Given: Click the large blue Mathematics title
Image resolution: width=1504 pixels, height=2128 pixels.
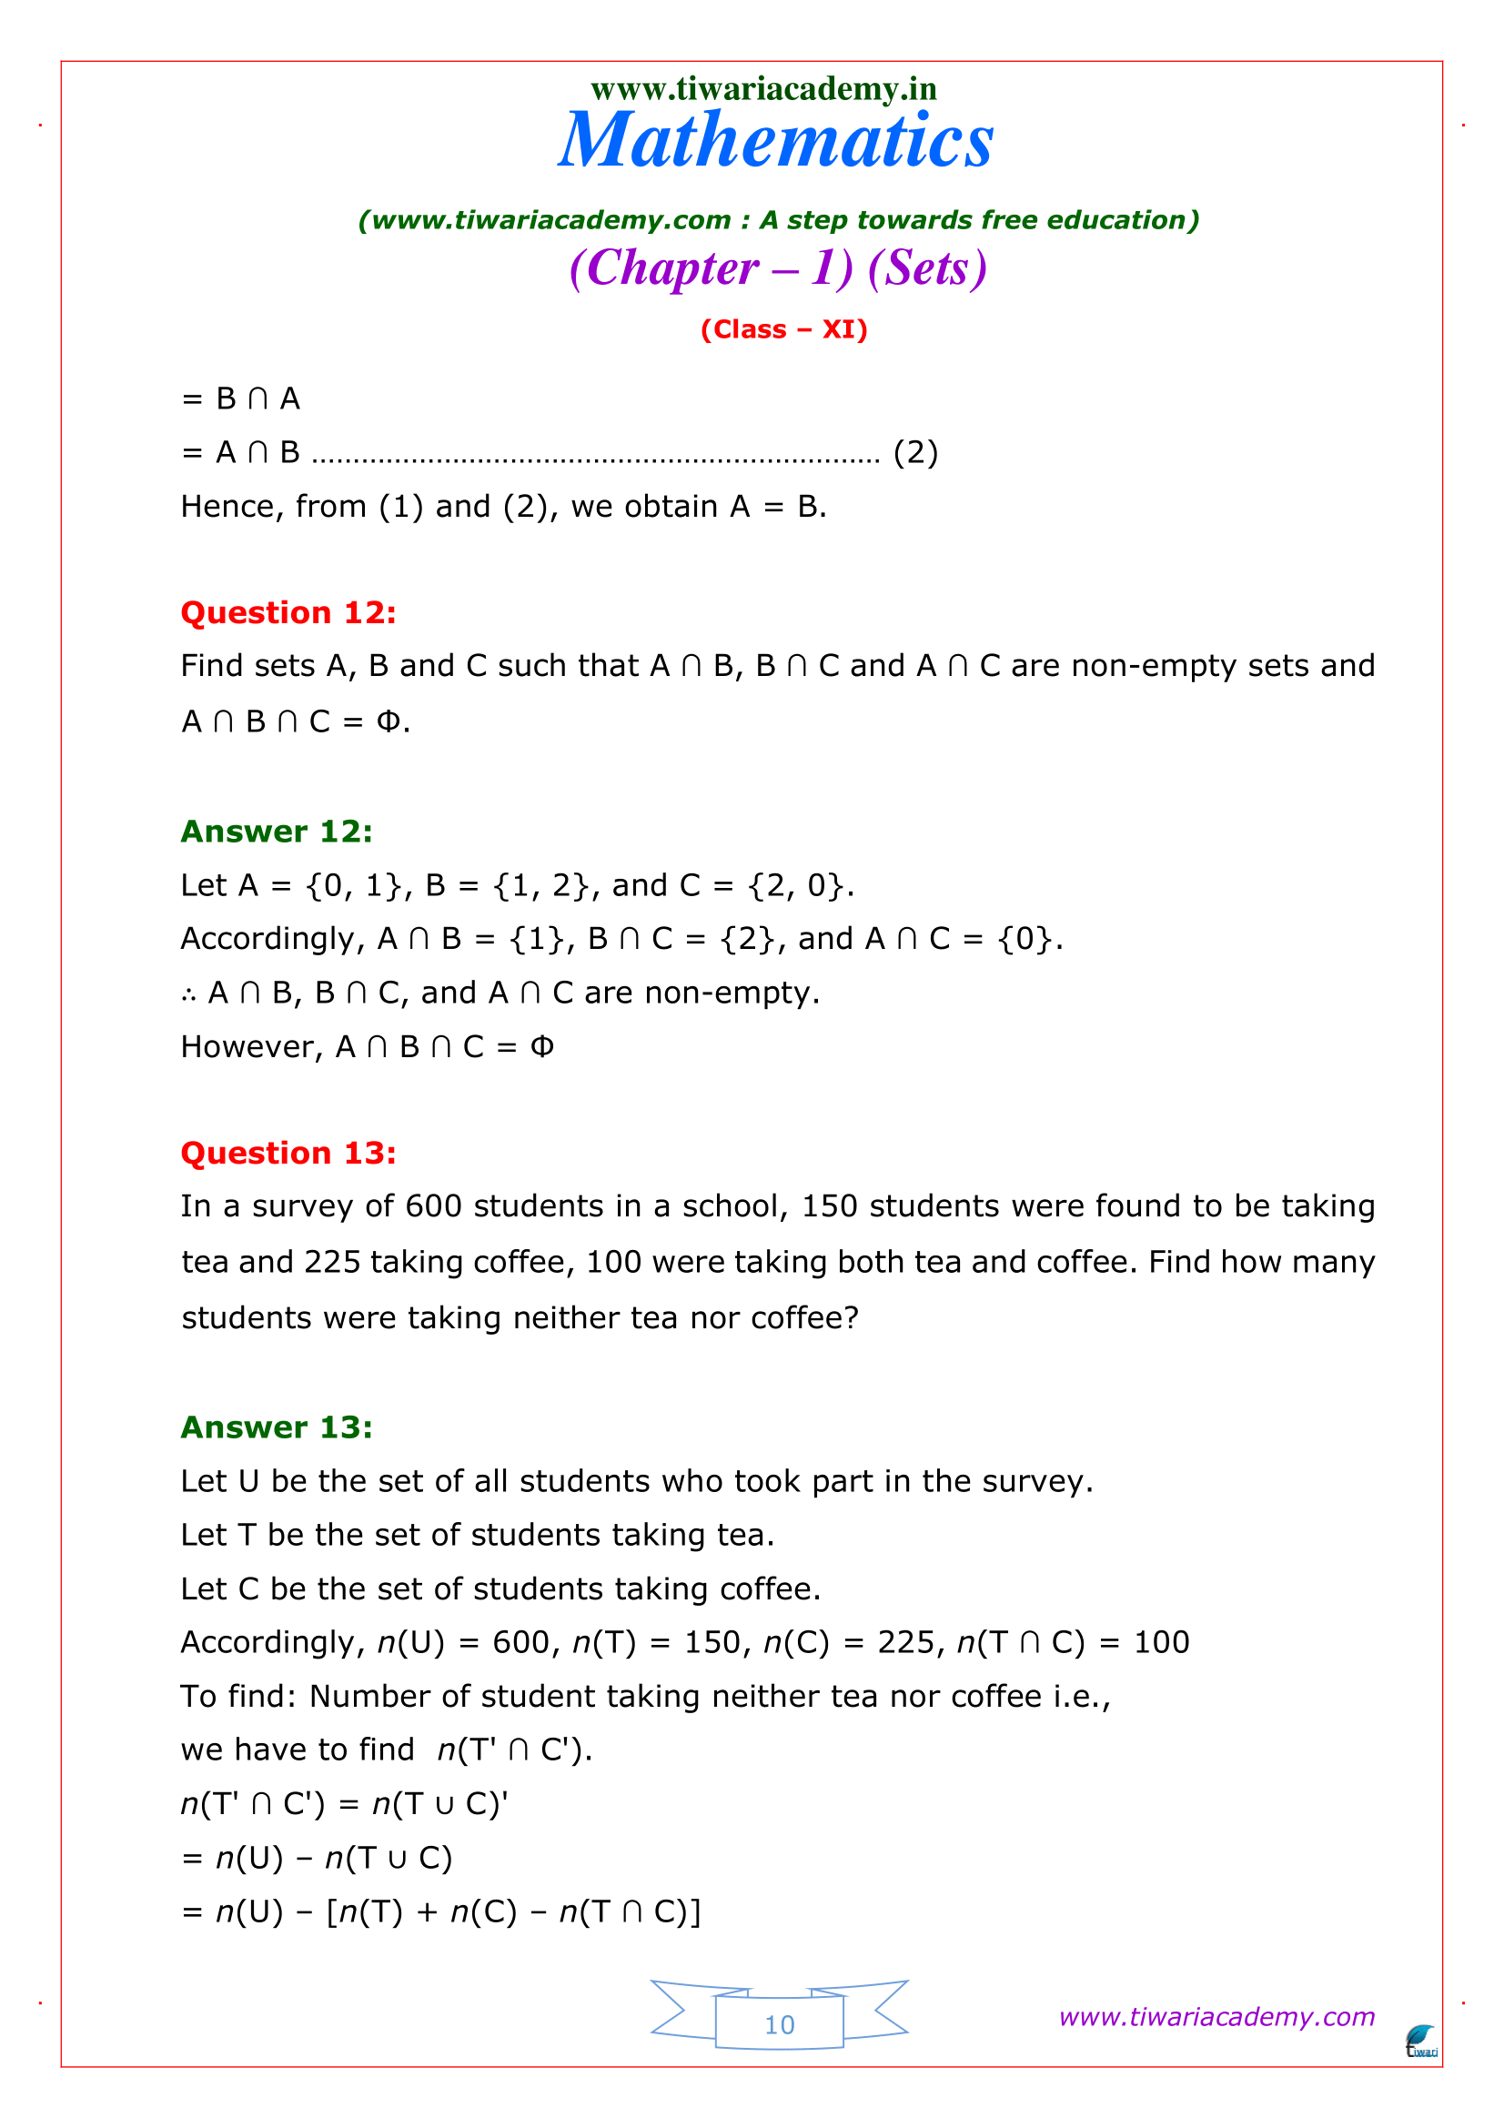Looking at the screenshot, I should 775,141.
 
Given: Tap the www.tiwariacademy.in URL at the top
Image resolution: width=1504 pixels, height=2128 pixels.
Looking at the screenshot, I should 763,89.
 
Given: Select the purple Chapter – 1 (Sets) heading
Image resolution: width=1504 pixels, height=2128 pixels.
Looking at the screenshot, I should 778,268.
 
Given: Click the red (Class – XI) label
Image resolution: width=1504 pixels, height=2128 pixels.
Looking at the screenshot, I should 783,330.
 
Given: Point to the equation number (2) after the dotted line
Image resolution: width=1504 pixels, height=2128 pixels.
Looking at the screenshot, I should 914,452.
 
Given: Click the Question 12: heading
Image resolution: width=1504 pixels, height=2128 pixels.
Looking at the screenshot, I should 288,612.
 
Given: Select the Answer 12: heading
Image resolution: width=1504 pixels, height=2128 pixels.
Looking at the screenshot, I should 277,832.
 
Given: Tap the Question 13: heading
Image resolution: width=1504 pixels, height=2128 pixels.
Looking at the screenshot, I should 288,1153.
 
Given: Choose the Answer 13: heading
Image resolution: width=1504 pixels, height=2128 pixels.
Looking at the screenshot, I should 277,1427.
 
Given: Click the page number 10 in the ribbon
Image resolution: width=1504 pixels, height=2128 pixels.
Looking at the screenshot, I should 780,2025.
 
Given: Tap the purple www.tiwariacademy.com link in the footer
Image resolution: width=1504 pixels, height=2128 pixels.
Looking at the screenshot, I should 1216,2017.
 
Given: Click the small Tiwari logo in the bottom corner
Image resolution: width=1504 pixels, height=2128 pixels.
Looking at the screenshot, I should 1420,2042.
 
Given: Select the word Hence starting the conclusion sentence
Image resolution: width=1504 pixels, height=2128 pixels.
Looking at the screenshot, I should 227,507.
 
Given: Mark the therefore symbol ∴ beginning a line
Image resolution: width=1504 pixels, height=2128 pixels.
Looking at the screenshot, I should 189,993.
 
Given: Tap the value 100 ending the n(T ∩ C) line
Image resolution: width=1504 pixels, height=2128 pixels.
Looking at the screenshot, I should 1161,1642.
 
